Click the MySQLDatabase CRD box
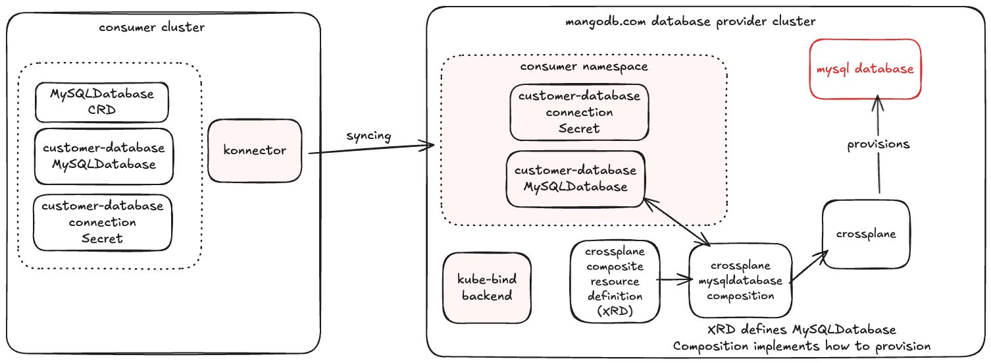102,102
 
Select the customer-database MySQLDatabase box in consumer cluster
104,156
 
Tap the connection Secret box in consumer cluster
102,222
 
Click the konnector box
255,150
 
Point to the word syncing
368,136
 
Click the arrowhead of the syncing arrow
431,145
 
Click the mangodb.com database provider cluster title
691,21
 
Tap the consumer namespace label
584,67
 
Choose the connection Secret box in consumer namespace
579,112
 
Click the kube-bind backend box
487,288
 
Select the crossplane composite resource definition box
615,281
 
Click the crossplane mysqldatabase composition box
738,281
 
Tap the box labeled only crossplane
866,234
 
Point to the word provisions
878,144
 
